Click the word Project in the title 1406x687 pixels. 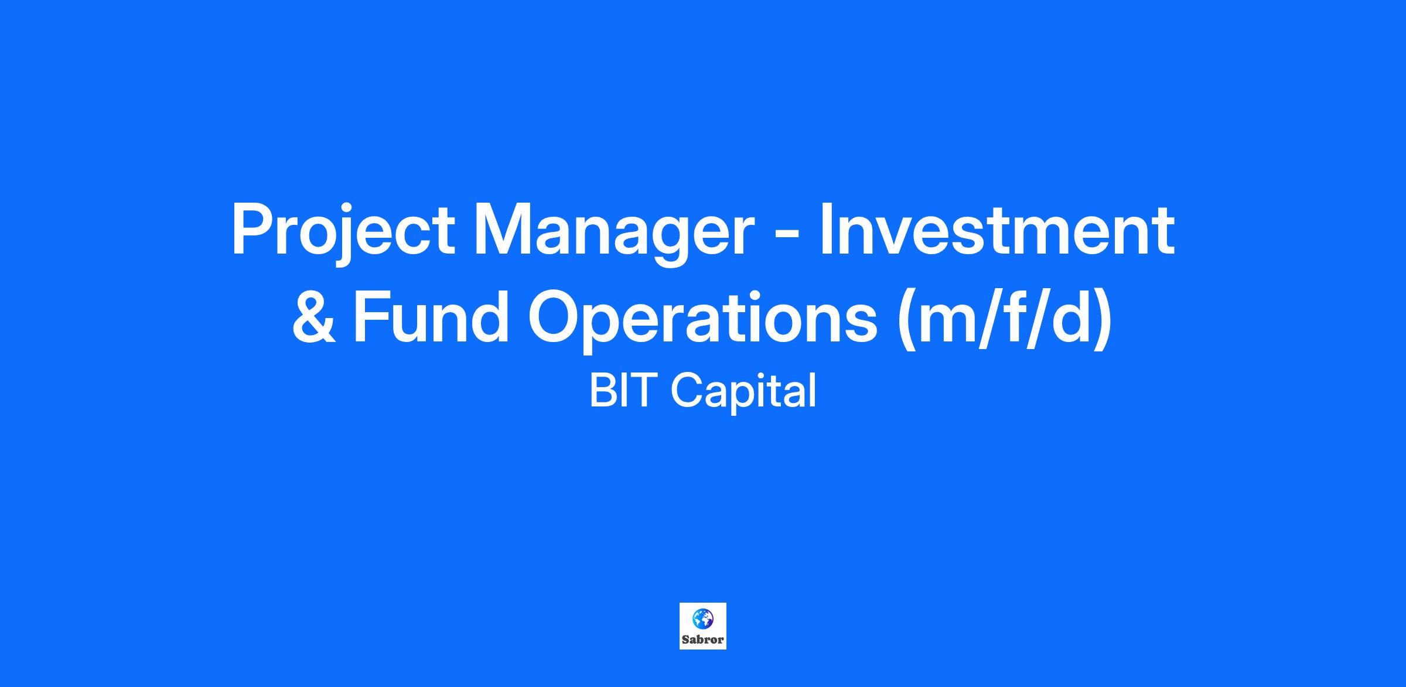pos(343,231)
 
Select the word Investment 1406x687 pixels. pos(997,230)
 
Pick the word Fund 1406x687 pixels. pos(431,316)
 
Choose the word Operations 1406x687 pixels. pos(703,321)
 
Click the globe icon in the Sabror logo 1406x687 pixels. pos(702,618)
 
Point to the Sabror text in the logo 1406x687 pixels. pos(703,640)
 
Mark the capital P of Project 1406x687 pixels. pos(252,230)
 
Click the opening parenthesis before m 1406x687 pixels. pos(907,321)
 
